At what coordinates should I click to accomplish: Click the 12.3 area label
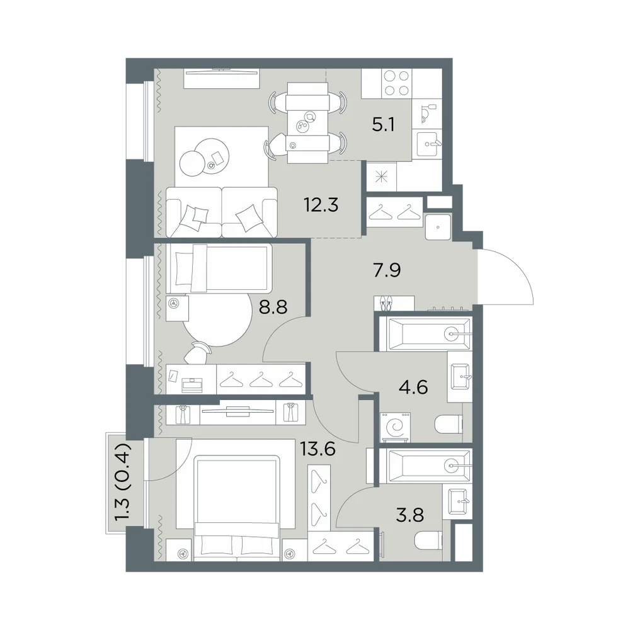[321, 205]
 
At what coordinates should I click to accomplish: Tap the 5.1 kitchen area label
[383, 125]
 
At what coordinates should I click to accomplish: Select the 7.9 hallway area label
[387, 270]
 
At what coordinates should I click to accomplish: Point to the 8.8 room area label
[273, 308]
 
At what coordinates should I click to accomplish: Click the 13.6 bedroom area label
[318, 449]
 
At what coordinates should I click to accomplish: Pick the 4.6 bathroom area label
[413, 388]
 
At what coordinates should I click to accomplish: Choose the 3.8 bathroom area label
[410, 515]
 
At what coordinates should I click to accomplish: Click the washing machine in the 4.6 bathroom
[396, 428]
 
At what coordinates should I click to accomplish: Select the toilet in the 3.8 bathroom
[428, 540]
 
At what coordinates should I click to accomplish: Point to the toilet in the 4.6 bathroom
[449, 425]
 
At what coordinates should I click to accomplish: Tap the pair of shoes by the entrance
[385, 304]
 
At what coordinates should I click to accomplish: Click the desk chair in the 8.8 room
[197, 353]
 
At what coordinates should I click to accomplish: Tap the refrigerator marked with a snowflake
[381, 176]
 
